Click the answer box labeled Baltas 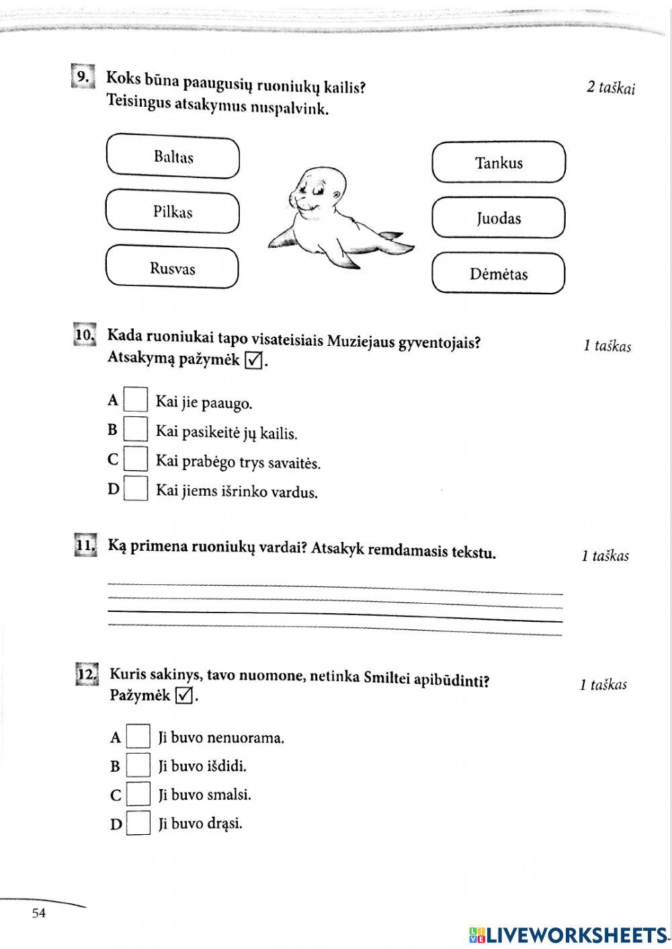(173, 157)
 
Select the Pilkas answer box (173, 212)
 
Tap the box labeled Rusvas (173, 268)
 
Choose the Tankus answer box (498, 163)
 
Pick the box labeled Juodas (498, 218)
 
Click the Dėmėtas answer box (498, 273)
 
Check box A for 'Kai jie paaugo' (136, 400)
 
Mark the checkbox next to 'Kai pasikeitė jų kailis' (136, 429)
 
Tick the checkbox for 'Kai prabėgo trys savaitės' (136, 459)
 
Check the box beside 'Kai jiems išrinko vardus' (136, 489)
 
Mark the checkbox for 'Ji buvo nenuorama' (138, 737)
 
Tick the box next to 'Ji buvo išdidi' (138, 766)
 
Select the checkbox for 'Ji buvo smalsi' (138, 795)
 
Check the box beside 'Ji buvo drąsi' (138, 823)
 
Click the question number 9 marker (82, 77)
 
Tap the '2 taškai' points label (610, 88)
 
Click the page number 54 (39, 913)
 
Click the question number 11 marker (85, 545)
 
